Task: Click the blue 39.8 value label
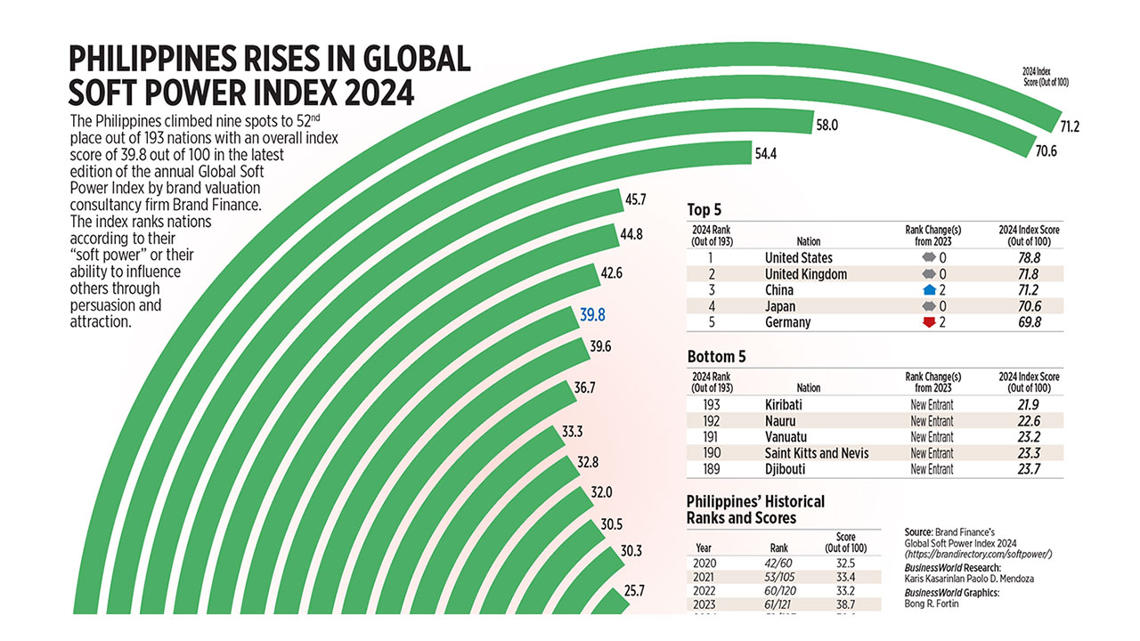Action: (x=592, y=314)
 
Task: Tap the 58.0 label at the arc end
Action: (x=826, y=126)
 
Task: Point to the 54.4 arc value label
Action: (x=766, y=154)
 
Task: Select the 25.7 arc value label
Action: (x=632, y=590)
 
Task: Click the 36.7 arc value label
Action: (x=585, y=388)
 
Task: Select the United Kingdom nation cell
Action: (x=805, y=274)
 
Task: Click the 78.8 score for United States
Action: (x=1030, y=258)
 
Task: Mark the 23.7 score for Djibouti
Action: (x=1030, y=469)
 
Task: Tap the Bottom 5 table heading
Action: (x=716, y=357)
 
